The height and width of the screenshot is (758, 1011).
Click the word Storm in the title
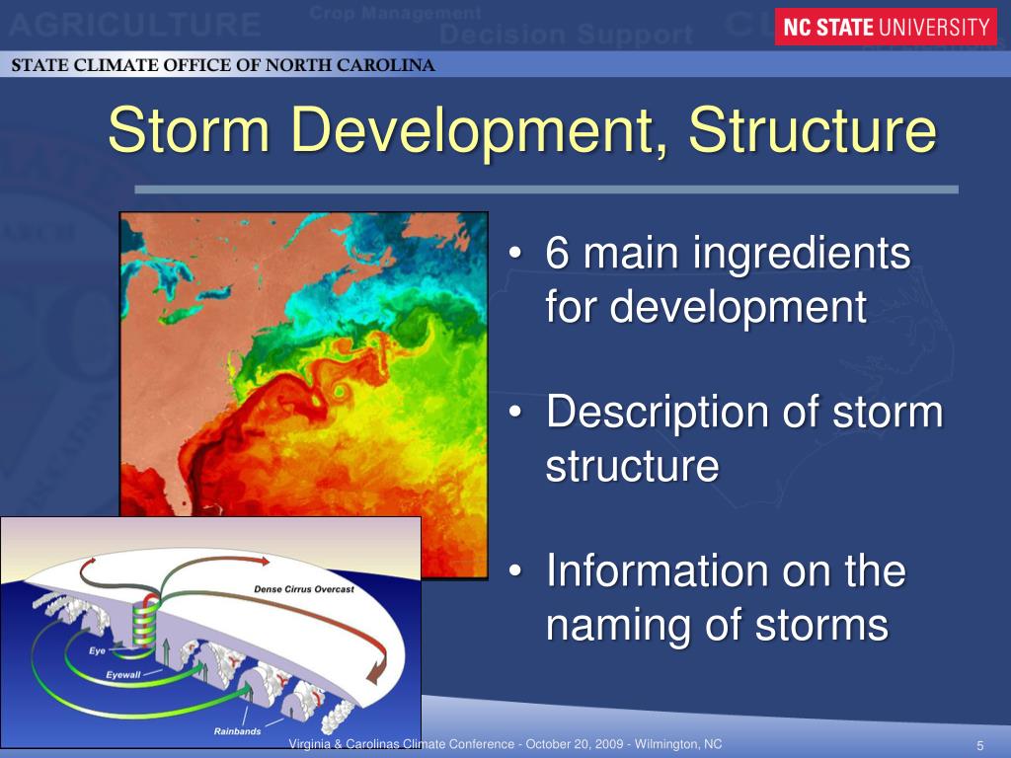[189, 132]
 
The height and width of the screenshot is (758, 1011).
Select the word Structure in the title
[813, 132]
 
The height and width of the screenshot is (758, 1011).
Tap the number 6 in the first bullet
[558, 256]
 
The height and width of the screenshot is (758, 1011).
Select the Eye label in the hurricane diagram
[97, 651]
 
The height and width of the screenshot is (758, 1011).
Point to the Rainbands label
[237, 731]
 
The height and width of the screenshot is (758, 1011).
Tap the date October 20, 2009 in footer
[574, 744]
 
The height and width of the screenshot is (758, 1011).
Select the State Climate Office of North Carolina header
[223, 67]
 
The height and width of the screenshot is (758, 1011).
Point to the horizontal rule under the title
[546, 189]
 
